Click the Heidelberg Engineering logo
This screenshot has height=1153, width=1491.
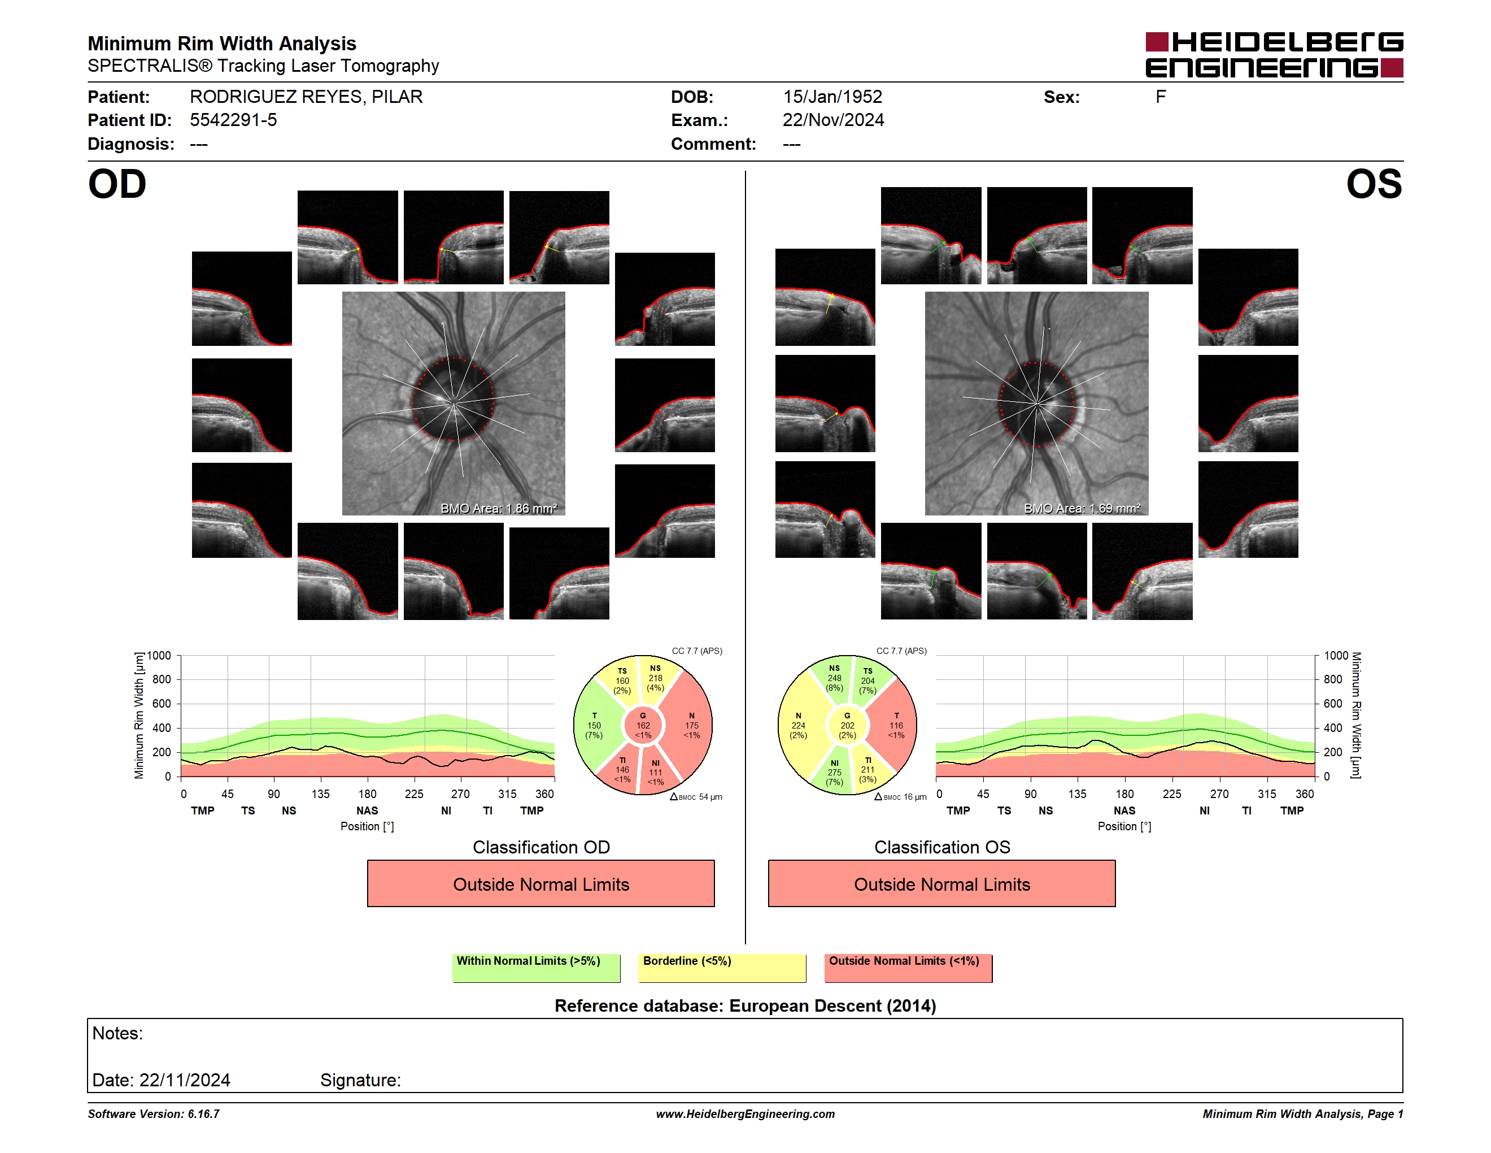(1274, 55)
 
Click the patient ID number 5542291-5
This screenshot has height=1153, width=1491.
(233, 120)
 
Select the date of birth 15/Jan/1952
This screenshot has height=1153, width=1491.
(832, 97)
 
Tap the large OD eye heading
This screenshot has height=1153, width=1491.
(117, 184)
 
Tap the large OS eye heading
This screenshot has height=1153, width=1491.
(1374, 184)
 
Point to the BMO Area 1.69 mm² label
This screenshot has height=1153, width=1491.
(1082, 508)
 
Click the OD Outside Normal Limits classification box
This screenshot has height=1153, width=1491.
(540, 884)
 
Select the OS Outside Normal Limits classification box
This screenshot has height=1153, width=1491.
(941, 884)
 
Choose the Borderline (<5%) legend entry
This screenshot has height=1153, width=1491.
(722, 968)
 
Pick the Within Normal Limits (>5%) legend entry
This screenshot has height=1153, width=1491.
(536, 968)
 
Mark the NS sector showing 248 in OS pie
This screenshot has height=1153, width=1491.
(834, 678)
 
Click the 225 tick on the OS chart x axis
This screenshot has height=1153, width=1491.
(1171, 794)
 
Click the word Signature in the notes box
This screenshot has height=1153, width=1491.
(360, 1080)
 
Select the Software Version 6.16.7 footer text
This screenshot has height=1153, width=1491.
(154, 1114)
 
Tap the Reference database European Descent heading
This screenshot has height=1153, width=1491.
(745, 1006)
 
